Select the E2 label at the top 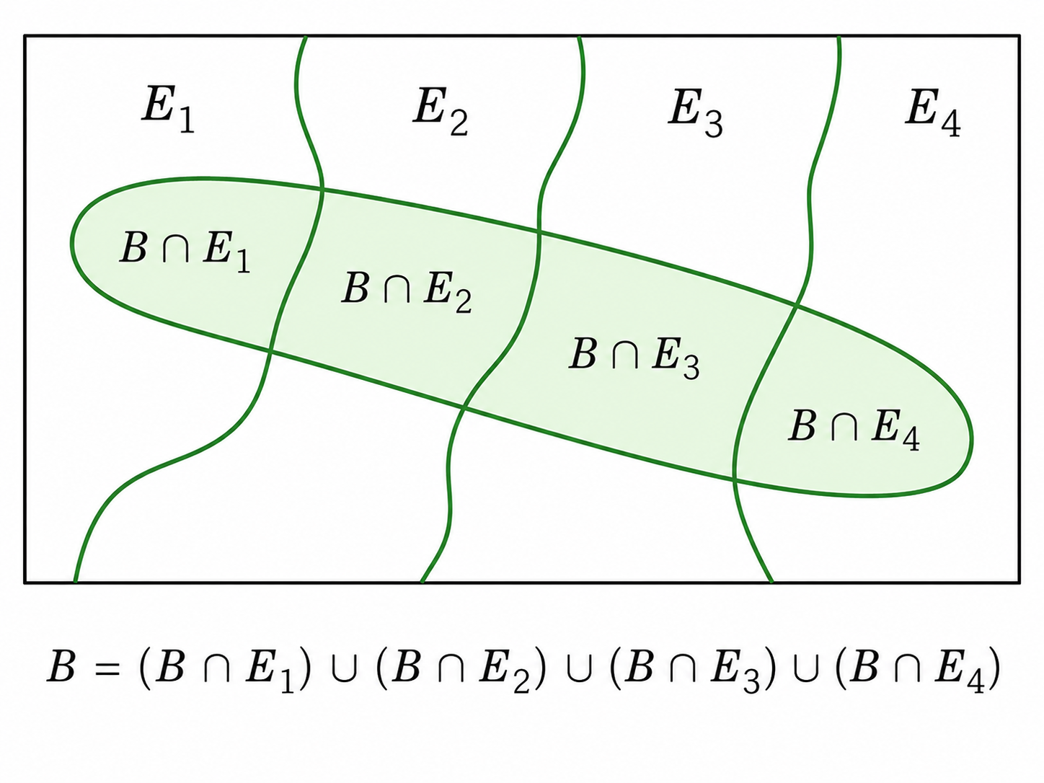point(441,112)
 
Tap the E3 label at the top point(695,113)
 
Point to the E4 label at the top point(933,113)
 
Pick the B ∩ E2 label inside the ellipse point(407,291)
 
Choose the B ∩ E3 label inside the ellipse point(634,358)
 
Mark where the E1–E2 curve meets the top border point(306,36)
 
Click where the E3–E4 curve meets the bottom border point(771,582)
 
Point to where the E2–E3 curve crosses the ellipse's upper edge point(539,232)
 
